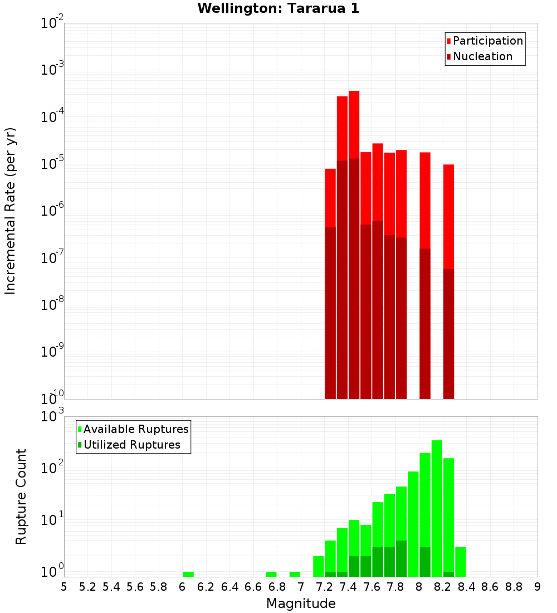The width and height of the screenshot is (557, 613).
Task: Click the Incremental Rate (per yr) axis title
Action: (x=11, y=211)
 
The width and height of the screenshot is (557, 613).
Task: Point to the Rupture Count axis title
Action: (x=21, y=497)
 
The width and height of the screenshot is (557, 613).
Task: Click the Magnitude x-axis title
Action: (x=301, y=604)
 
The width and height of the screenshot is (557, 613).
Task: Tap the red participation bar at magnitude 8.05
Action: (x=425, y=200)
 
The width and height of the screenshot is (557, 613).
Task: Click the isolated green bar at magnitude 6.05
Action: (x=188, y=574)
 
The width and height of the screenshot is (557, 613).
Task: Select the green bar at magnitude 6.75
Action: (x=271, y=574)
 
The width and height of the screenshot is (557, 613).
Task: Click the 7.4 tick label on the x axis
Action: (x=348, y=587)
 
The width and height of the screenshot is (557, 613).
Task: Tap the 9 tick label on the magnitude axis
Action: (x=538, y=587)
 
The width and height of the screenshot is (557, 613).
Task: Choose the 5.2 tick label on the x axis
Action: (x=87, y=587)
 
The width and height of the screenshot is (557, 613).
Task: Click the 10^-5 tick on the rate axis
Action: (x=52, y=164)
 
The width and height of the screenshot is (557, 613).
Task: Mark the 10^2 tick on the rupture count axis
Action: (x=52, y=468)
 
